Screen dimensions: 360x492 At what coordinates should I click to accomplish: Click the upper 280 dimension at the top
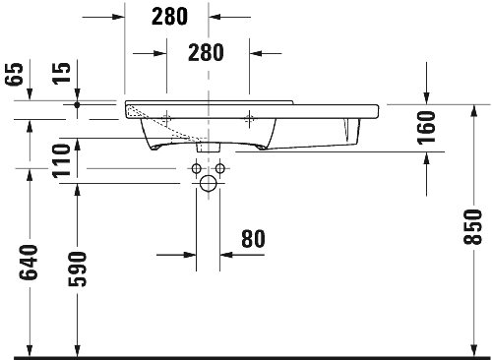click(170, 16)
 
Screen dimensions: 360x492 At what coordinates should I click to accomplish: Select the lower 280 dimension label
click(207, 51)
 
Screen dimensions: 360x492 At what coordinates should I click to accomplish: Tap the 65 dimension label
click(14, 75)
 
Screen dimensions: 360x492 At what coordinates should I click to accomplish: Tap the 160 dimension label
click(425, 127)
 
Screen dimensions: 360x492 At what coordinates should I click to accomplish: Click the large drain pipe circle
click(208, 185)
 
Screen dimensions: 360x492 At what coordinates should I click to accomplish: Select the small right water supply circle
click(220, 169)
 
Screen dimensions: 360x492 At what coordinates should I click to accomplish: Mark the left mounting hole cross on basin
click(166, 117)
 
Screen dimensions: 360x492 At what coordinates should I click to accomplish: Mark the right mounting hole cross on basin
click(250, 117)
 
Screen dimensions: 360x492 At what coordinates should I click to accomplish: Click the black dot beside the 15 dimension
click(76, 102)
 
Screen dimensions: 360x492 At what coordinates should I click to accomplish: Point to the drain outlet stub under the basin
click(208, 146)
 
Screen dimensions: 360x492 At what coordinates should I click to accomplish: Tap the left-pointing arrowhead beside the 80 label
click(225, 254)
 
